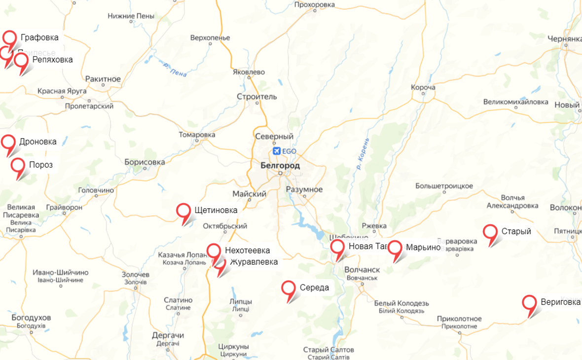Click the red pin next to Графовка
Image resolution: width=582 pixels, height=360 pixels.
pyautogui.click(x=9, y=37)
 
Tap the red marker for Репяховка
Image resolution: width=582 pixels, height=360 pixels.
pyautogui.click(x=21, y=61)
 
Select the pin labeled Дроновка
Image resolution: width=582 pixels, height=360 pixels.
pyautogui.click(x=8, y=142)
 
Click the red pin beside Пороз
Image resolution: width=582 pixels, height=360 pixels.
pyautogui.click(x=18, y=166)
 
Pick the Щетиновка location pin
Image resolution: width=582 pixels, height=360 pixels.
pyautogui.click(x=184, y=211)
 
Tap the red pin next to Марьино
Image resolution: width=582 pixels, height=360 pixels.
pyautogui.click(x=395, y=248)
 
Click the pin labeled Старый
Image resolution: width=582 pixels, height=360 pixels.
pyautogui.click(x=490, y=232)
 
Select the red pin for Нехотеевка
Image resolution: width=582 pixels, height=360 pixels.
pyautogui.click(x=214, y=251)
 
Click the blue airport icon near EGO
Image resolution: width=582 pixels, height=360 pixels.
pyautogui.click(x=276, y=150)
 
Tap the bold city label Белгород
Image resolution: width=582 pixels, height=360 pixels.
pyautogui.click(x=280, y=166)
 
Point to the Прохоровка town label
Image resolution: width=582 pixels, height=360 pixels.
pyautogui.click(x=314, y=5)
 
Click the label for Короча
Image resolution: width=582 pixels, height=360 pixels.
pyautogui.click(x=423, y=87)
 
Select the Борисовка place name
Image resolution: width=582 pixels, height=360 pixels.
pyautogui.click(x=145, y=162)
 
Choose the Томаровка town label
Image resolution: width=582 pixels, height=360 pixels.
pyautogui.click(x=197, y=135)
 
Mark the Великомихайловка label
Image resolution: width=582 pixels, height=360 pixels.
pyautogui.click(x=515, y=102)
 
